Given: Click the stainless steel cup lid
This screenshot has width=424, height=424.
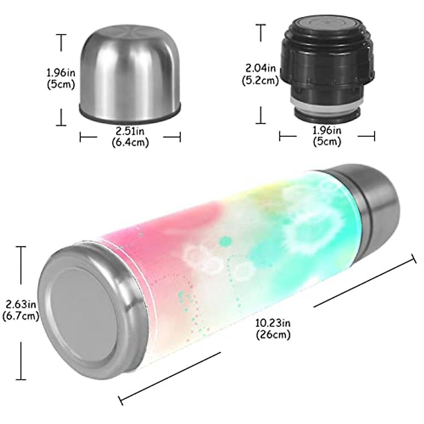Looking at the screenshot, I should coord(130,74).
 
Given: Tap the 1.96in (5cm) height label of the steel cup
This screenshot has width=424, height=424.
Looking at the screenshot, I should coord(61,79).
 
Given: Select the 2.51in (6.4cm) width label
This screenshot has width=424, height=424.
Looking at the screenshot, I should coord(130,136).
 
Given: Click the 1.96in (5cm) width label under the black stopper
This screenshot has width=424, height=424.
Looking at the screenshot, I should coord(327,136).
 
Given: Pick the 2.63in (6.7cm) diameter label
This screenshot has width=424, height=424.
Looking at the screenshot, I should coord(20,310).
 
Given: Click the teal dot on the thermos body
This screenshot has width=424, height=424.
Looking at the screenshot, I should coord(224,241).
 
